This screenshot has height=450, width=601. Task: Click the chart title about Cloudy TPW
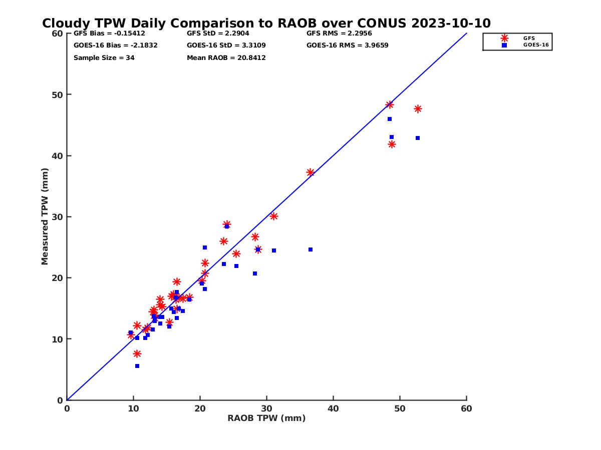point(266,23)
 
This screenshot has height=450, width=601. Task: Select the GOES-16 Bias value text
point(116,45)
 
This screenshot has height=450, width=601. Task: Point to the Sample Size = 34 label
point(104,58)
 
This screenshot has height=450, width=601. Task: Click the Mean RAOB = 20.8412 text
point(226,58)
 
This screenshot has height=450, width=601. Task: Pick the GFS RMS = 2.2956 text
point(339,33)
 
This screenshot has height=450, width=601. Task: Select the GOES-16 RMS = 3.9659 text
point(348,45)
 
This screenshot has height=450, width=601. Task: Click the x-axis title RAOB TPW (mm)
point(266,418)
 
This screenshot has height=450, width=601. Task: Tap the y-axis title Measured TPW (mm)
point(45,216)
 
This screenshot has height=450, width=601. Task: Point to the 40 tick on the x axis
point(333,408)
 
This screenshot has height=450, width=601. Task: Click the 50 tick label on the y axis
point(57,94)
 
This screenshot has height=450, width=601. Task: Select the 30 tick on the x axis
point(266,408)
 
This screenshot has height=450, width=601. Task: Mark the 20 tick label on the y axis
point(57,278)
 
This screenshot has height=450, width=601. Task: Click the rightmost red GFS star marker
point(418,109)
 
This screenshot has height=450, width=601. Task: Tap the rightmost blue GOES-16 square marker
point(418,138)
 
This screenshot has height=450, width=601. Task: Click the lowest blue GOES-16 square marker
point(137,366)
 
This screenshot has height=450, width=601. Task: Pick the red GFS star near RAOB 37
point(311,172)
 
